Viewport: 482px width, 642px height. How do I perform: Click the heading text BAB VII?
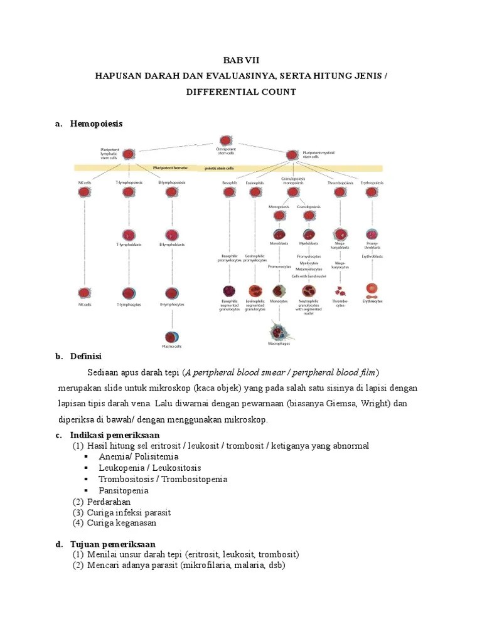240,61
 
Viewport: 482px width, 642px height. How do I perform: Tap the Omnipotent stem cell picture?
225,142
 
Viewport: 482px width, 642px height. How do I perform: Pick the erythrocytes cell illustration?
372,290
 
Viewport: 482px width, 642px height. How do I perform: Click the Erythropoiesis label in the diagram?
372,182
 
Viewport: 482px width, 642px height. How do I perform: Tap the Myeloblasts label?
309,243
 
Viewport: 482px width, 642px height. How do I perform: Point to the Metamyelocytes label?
309,269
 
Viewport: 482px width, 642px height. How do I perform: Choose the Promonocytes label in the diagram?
278,266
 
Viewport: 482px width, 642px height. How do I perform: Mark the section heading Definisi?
87,357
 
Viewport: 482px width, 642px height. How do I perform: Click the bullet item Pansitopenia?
124,490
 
